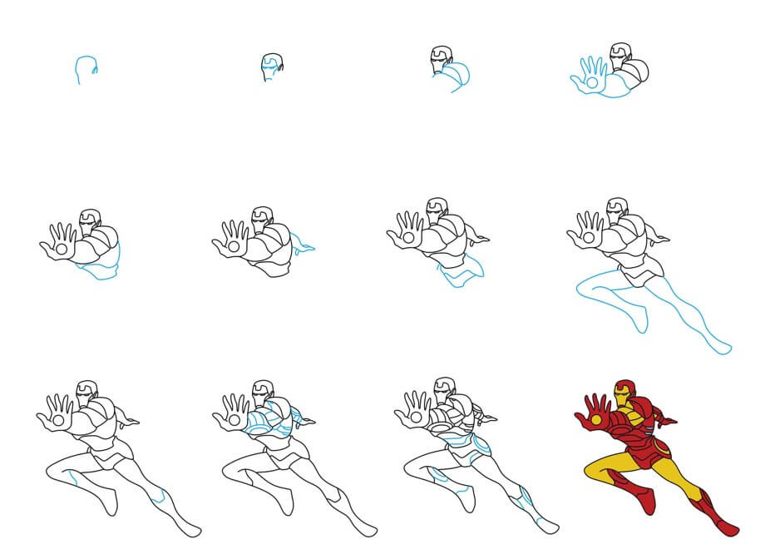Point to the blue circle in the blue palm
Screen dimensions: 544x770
[591, 82]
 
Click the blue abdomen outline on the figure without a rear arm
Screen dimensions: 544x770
[102, 267]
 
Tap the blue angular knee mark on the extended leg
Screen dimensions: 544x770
[524, 500]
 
